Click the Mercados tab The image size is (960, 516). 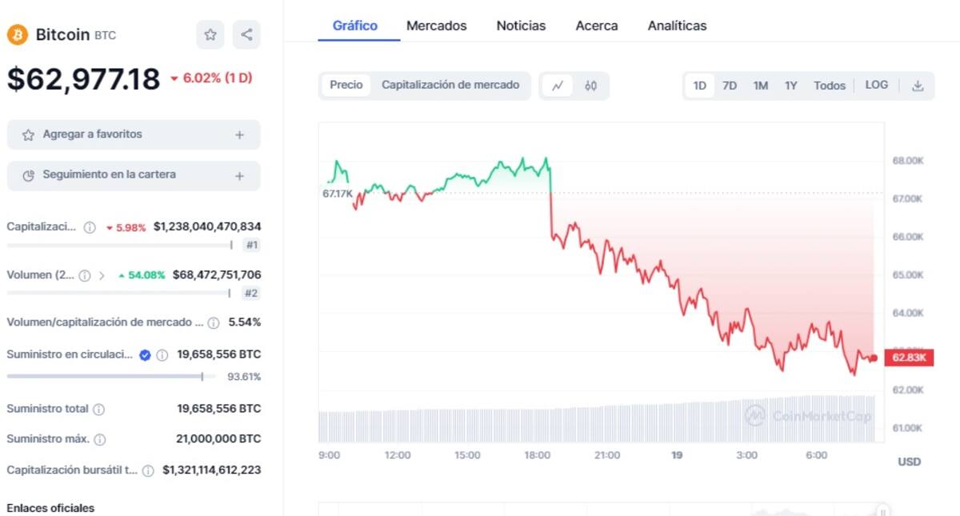point(436,26)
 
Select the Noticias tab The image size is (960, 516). point(521,26)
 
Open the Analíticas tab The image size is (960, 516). point(677,26)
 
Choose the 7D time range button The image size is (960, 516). point(729,86)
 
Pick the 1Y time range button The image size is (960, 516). point(790,86)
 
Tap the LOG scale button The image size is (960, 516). point(876,85)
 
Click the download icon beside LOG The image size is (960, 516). point(918,86)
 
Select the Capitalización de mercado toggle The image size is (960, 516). point(450,85)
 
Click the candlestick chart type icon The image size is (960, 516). point(590,86)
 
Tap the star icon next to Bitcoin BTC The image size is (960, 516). point(210,34)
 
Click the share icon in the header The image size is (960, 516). point(246,34)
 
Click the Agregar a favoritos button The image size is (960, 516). point(134,134)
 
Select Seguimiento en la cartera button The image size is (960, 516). point(134,175)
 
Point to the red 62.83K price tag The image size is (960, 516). point(909,358)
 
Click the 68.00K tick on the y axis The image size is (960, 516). point(908,161)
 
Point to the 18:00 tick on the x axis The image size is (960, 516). point(537,455)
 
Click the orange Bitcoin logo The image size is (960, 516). point(18,34)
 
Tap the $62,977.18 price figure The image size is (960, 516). point(84,79)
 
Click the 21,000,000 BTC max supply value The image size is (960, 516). point(218,438)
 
